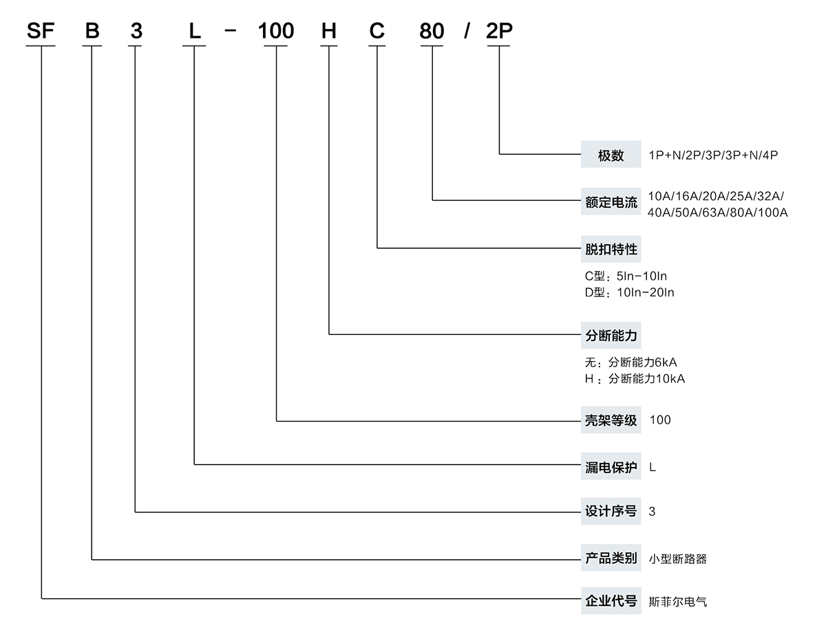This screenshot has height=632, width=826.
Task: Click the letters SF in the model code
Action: click(x=41, y=31)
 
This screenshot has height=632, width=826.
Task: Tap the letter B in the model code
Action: click(x=92, y=31)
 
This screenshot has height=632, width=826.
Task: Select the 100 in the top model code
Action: click(x=275, y=31)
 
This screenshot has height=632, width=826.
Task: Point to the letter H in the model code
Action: click(x=329, y=31)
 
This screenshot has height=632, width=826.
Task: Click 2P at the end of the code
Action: click(x=499, y=31)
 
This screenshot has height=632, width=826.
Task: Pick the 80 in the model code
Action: click(x=432, y=31)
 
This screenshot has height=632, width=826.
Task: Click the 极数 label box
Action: click(x=611, y=155)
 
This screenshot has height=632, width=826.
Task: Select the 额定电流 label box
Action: click(x=611, y=202)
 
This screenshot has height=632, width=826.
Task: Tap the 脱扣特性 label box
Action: click(x=611, y=249)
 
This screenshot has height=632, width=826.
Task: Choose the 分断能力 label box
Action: click(x=611, y=336)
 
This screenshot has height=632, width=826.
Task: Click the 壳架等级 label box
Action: click(x=611, y=420)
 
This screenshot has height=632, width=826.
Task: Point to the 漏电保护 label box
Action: click(x=611, y=467)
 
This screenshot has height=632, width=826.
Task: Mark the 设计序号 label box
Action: click(x=611, y=511)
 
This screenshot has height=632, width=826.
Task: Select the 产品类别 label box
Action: click(x=611, y=558)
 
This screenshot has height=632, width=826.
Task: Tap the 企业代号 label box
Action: click(x=611, y=601)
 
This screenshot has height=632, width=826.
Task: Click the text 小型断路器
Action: click(x=678, y=559)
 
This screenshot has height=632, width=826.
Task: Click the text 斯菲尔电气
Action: click(x=678, y=602)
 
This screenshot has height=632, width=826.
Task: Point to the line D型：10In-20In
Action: click(x=630, y=292)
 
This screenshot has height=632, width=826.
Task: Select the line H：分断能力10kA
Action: click(x=635, y=379)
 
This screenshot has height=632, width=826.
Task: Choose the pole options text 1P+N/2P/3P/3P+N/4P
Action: click(x=713, y=155)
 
